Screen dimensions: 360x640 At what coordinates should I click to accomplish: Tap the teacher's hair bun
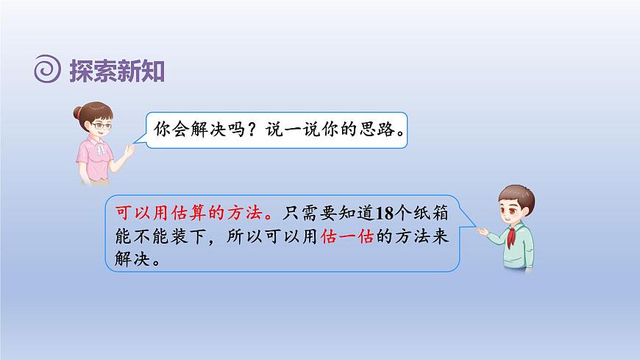(77, 112)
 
